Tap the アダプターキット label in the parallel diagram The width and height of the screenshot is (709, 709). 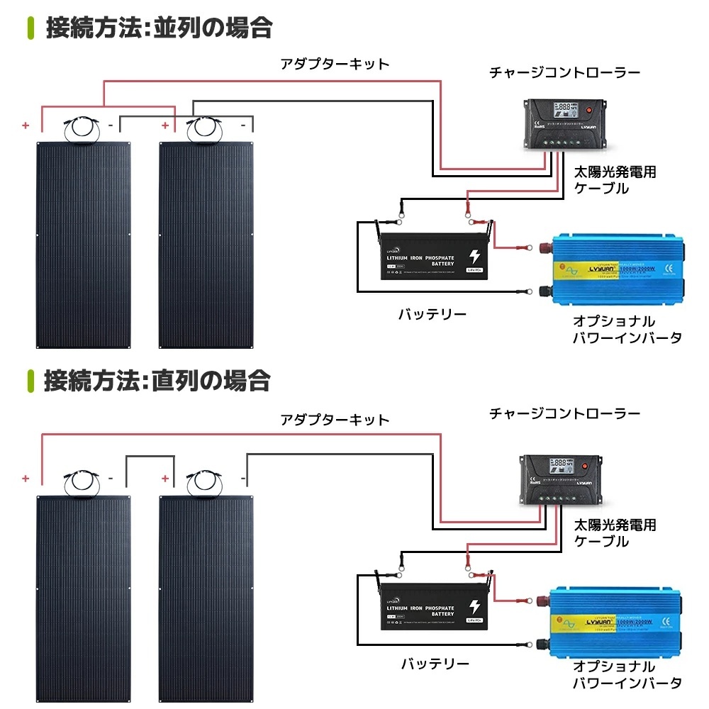[335, 65]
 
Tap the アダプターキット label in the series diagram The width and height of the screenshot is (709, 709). [335, 420]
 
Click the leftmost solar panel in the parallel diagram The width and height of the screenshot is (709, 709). [84, 245]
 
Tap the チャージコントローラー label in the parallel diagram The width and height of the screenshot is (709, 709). [565, 73]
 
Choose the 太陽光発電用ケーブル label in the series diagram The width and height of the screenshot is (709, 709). [614, 533]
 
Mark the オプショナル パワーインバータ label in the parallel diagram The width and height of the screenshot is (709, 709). [627, 330]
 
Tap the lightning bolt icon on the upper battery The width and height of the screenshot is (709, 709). [473, 257]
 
